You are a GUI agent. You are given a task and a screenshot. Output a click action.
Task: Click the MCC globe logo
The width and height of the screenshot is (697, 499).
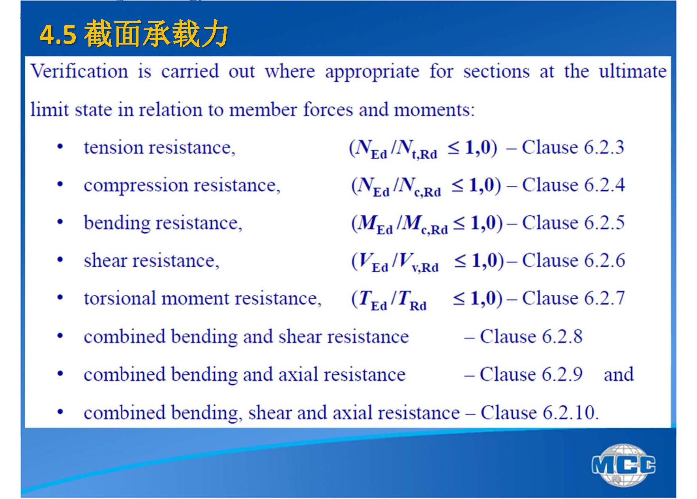pyautogui.click(x=624, y=465)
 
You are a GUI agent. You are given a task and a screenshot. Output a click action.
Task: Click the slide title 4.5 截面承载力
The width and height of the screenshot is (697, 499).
pyautogui.click(x=134, y=34)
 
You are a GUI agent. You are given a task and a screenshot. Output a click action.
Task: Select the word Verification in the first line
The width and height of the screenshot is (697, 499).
pyautogui.click(x=79, y=71)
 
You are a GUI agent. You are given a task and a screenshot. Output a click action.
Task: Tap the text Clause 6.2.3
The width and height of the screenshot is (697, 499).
pyautogui.click(x=573, y=147)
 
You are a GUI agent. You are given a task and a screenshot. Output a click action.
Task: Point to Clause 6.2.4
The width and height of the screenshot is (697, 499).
pyautogui.click(x=573, y=185)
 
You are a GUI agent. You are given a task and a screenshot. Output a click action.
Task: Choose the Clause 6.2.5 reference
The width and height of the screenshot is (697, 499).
pyautogui.click(x=573, y=222)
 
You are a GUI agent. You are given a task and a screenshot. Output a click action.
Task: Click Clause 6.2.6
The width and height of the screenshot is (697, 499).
pyautogui.click(x=573, y=260)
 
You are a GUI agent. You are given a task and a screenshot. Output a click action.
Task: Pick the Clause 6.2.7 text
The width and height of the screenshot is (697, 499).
pyautogui.click(x=573, y=298)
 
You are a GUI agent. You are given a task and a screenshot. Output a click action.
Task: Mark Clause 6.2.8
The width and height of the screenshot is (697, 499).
pyautogui.click(x=531, y=336)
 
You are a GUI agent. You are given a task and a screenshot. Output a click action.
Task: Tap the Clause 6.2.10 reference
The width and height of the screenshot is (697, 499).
pyautogui.click(x=540, y=413)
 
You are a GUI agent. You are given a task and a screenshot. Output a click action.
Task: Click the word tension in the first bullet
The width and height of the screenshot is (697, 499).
pyautogui.click(x=114, y=148)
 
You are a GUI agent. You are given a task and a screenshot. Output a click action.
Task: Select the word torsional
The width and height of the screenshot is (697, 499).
pyautogui.click(x=120, y=298)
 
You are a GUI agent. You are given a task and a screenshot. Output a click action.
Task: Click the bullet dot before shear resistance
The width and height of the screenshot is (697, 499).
pyautogui.click(x=60, y=260)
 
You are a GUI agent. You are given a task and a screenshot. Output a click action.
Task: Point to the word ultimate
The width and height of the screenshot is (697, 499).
pyautogui.click(x=633, y=71)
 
